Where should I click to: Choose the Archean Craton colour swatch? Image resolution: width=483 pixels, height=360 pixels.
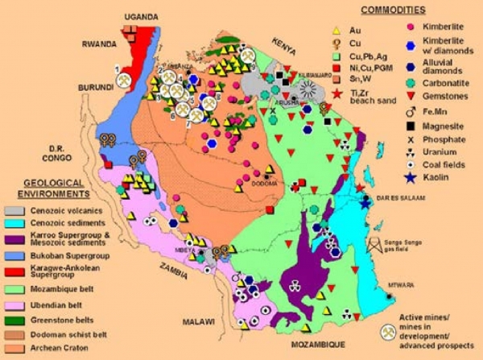pos(19,349)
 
